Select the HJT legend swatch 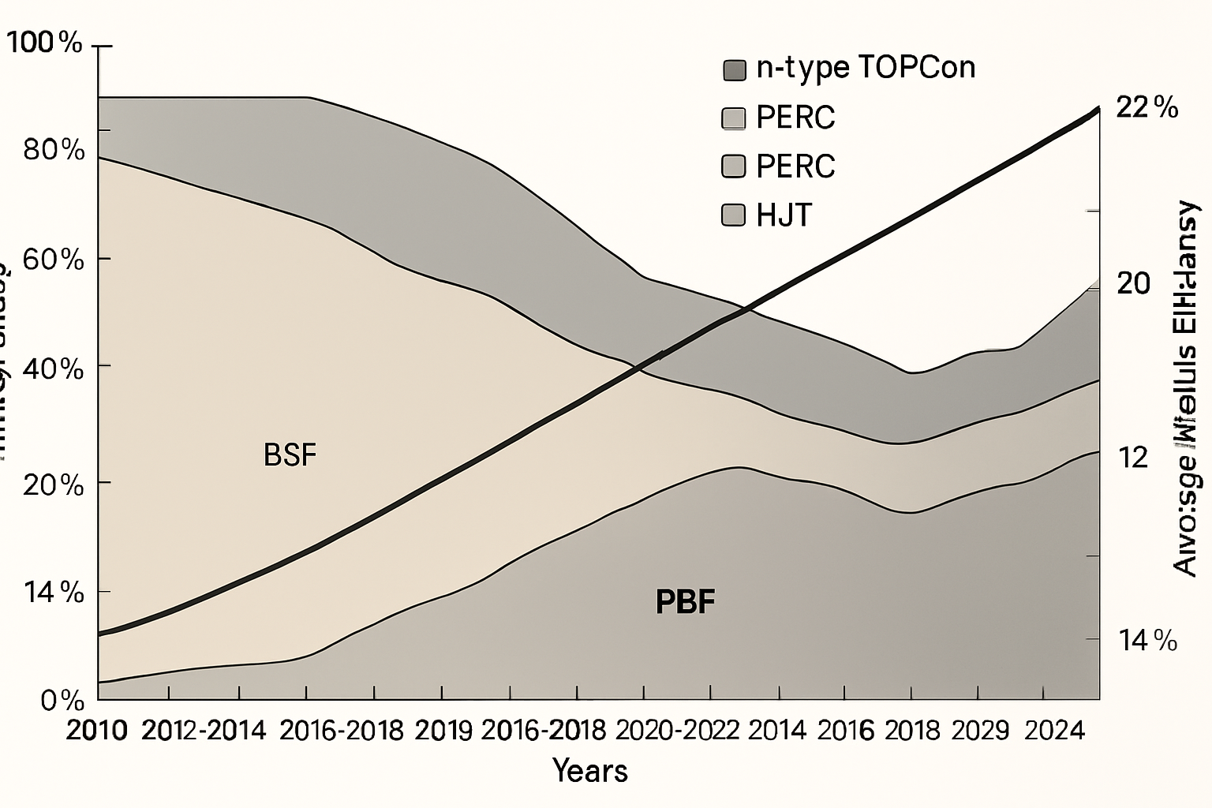click(734, 215)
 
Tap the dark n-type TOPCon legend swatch click(734, 70)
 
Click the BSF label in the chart click(290, 455)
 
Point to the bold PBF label click(685, 602)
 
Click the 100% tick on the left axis click(45, 43)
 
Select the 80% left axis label click(54, 149)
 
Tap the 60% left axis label click(54, 259)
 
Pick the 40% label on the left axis click(54, 368)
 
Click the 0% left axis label click(62, 700)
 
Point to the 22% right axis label click(1147, 107)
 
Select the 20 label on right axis click(1134, 283)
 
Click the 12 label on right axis click(1134, 457)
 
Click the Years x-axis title click(590, 770)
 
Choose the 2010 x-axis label click(96, 731)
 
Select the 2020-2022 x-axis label click(677, 731)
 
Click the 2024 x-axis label click(1055, 731)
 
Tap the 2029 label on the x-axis click(980, 731)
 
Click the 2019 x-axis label click(443, 731)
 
